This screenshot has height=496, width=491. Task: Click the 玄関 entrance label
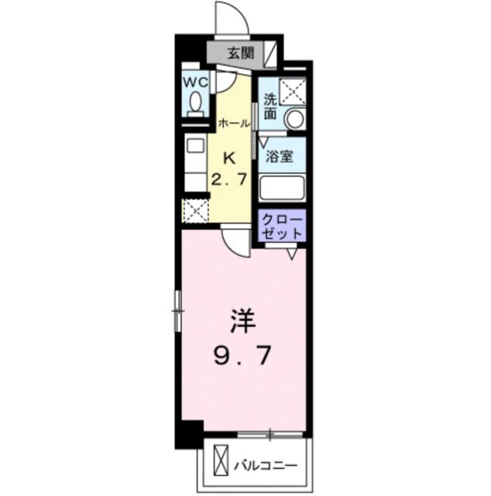click(241, 53)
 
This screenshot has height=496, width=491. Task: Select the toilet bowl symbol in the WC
click(195, 102)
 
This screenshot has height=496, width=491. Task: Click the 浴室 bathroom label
click(280, 156)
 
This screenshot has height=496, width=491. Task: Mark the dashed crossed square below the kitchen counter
click(194, 210)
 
